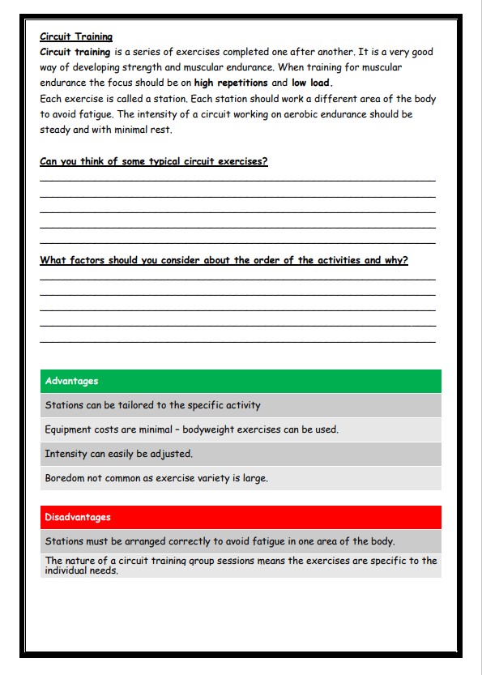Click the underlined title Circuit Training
pyautogui.click(x=76, y=36)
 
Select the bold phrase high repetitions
pyautogui.click(x=231, y=83)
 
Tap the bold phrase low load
pyautogui.click(x=312, y=83)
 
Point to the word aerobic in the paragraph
pyautogui.click(x=314, y=114)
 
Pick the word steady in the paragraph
pyautogui.click(x=55, y=130)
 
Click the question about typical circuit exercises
pyautogui.click(x=154, y=161)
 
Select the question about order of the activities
pyautogui.click(x=224, y=260)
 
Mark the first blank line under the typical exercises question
pyautogui.click(x=237, y=178)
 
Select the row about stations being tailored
pyautogui.click(x=153, y=405)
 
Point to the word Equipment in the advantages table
pyautogui.click(x=69, y=429)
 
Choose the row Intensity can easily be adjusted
pyautogui.click(x=119, y=454)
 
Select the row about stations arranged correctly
pyautogui.click(x=220, y=541)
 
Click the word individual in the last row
pyautogui.click(x=65, y=570)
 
